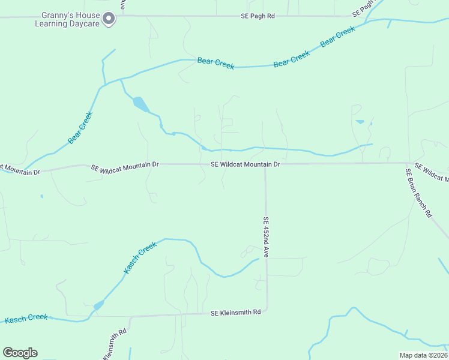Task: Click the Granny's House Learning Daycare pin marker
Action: pyautogui.click(x=108, y=19)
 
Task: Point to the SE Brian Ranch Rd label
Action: pyautogui.click(x=418, y=192)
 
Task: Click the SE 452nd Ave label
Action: pyautogui.click(x=265, y=238)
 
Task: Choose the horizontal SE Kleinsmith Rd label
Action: pyautogui.click(x=235, y=313)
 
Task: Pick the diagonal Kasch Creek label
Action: pyautogui.click(x=139, y=258)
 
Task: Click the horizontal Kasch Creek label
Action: pyautogui.click(x=26, y=318)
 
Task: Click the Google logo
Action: pyautogui.click(x=20, y=353)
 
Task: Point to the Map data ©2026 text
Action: pyautogui.click(x=424, y=355)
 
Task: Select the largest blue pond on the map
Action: pyautogui.click(x=140, y=104)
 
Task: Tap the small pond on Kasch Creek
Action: pyautogui.click(x=98, y=305)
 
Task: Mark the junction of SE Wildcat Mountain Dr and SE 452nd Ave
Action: pyautogui.click(x=265, y=164)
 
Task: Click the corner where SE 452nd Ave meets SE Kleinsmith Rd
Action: pyautogui.click(x=267, y=310)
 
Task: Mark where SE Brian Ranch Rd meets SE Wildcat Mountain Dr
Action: pyautogui.click(x=407, y=163)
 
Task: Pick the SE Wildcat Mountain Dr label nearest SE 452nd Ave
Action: pyautogui.click(x=246, y=164)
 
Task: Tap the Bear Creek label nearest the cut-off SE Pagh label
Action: pyautogui.click(x=338, y=37)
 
